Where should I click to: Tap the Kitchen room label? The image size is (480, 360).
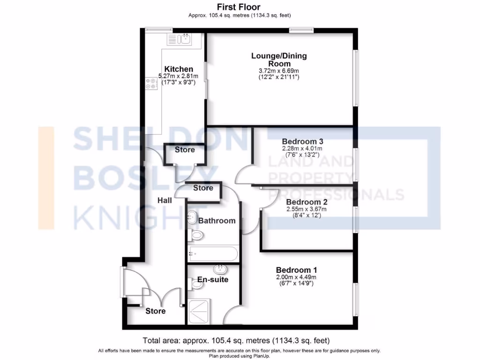[x=178, y=69]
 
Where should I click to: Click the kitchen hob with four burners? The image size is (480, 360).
[x=151, y=83]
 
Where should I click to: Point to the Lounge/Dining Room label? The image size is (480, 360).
[x=279, y=60]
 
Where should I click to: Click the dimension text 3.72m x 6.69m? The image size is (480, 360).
[x=279, y=71]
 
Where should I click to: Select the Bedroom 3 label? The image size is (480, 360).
[x=302, y=141]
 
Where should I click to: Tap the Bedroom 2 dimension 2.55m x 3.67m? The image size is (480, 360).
[x=307, y=210]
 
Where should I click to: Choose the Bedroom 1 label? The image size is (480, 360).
[x=296, y=270]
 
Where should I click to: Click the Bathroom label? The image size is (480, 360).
[x=217, y=220]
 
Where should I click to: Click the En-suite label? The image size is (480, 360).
[x=212, y=280]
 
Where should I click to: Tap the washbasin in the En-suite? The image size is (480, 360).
[x=219, y=270]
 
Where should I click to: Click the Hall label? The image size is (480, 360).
[x=165, y=200]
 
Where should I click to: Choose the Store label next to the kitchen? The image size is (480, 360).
[x=185, y=150]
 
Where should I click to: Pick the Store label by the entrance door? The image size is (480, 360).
[x=155, y=311]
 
